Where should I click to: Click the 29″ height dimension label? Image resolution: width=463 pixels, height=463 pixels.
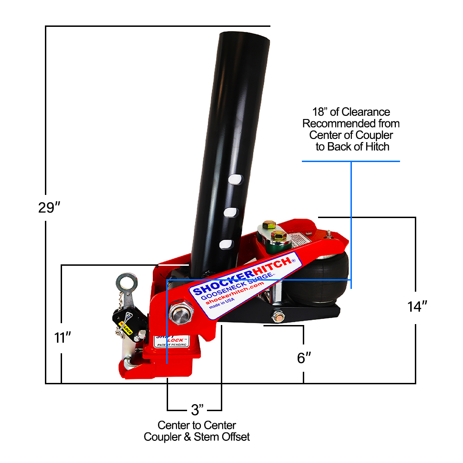tap(50, 207)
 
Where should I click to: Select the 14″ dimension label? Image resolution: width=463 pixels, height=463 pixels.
tap(417, 306)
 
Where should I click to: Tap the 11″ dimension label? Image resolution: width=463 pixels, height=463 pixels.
tap(62, 338)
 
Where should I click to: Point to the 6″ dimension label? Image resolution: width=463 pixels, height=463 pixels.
tap(304, 358)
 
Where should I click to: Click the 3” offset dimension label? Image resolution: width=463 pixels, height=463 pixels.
tap(198, 410)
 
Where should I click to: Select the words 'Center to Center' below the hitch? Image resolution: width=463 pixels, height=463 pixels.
tap(197, 425)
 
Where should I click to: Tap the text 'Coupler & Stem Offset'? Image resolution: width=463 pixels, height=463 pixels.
tap(197, 437)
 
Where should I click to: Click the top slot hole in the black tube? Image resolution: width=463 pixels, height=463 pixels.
tap(236, 178)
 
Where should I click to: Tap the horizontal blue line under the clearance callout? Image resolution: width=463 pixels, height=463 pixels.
tap(350, 161)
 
